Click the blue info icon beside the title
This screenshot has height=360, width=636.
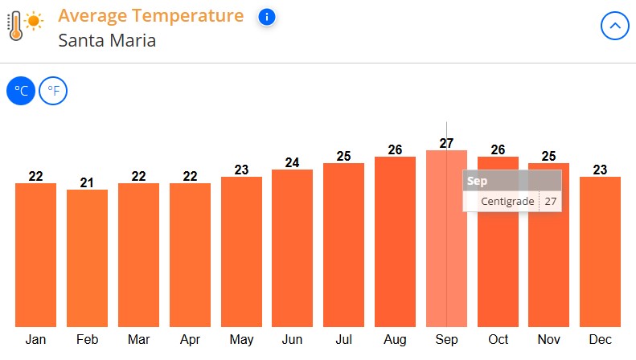coord(268,17)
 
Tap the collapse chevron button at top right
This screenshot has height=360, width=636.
coord(615,27)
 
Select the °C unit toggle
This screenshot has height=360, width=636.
coord(21,91)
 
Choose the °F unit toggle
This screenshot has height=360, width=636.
coord(53,91)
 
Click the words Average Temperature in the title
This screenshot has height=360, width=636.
coord(150,15)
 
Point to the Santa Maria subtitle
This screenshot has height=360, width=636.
coord(107,40)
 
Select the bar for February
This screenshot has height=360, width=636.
coord(87,257)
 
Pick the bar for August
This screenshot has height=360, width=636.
coord(395,241)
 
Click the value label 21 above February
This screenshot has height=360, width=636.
coord(87,182)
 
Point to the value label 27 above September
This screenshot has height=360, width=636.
coord(446,143)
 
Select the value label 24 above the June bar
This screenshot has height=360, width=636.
coord(293,162)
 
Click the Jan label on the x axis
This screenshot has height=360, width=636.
coord(35,340)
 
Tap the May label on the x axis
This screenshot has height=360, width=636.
coord(241,340)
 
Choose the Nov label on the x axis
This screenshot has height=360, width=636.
coord(548,340)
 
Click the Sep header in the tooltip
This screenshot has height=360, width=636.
coord(477,181)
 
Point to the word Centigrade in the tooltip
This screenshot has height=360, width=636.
coord(507,201)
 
